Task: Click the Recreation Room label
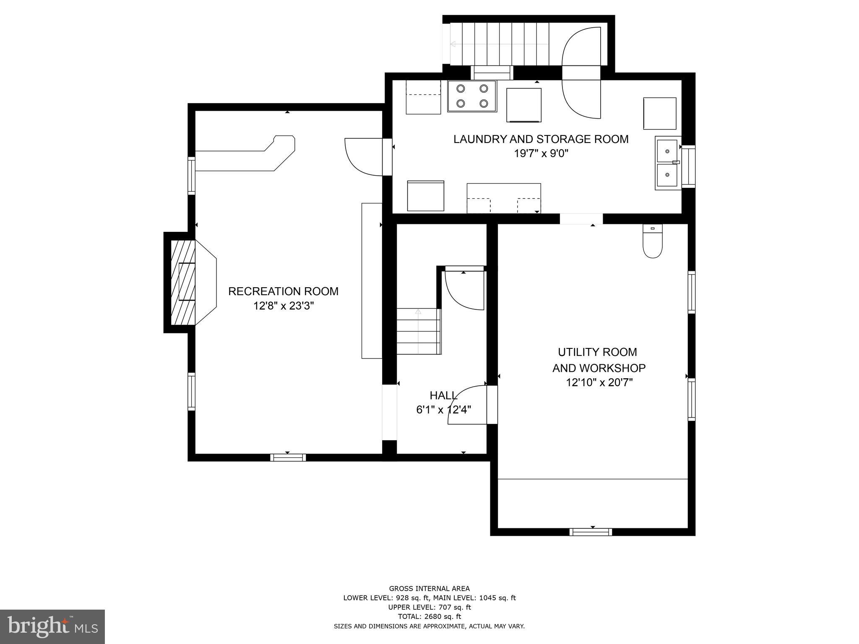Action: point(283,291)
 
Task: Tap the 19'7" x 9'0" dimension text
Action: point(541,153)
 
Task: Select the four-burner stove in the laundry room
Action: point(472,96)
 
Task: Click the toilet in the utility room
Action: point(652,242)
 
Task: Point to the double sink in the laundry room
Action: point(667,164)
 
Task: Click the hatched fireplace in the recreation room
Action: point(183,282)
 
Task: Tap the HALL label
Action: point(443,395)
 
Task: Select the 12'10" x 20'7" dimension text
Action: point(599,382)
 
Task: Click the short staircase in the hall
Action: point(419,331)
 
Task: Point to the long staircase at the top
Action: point(499,44)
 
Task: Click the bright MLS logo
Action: point(52,626)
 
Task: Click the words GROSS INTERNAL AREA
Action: point(429,589)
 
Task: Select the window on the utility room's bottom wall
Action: point(591,532)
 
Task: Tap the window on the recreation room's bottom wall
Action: point(288,457)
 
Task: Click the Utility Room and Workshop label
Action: point(598,360)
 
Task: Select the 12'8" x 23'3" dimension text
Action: point(283,306)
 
